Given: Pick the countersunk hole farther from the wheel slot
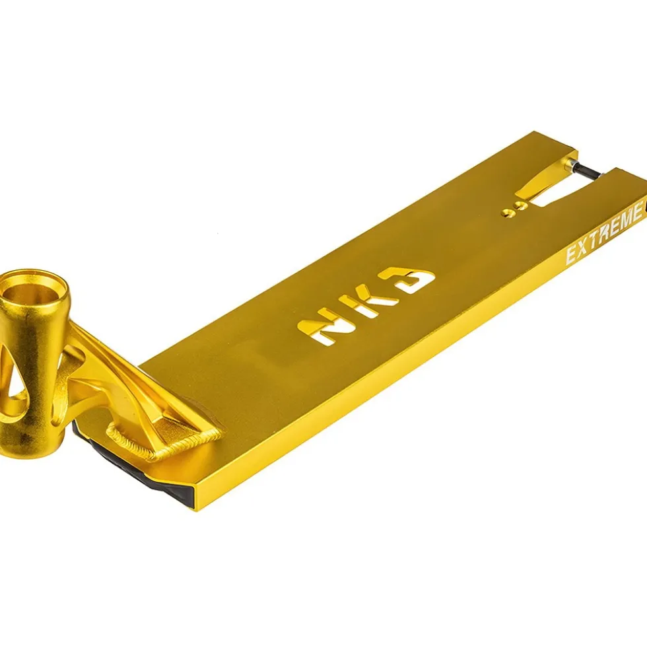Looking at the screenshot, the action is [x=507, y=213].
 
